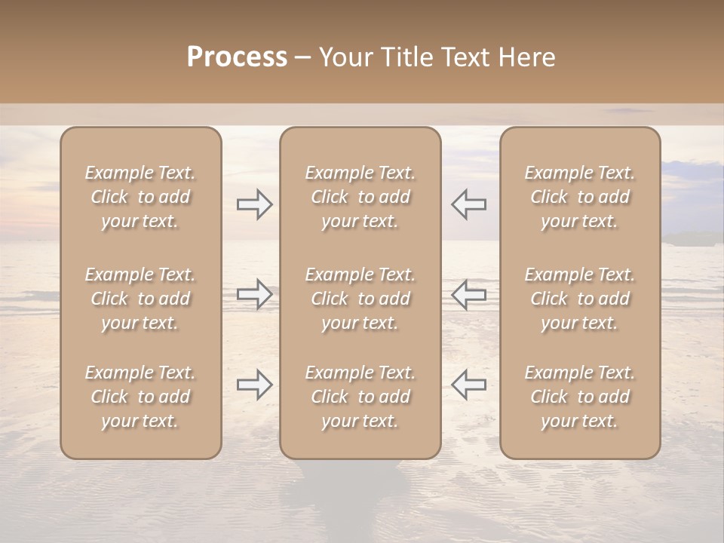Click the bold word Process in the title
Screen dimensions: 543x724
(237, 57)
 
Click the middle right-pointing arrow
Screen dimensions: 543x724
(255, 294)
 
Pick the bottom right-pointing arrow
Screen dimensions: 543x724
(255, 385)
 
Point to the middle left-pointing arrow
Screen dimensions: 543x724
(469, 294)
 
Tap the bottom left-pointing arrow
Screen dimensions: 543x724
(469, 385)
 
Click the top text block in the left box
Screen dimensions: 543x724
(140, 197)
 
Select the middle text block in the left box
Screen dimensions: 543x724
(140, 299)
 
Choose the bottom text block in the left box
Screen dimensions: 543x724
(140, 397)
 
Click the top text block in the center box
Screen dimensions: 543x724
(360, 197)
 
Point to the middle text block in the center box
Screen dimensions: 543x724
(360, 299)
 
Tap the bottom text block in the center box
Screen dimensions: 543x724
(360, 397)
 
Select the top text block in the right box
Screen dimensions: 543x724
(579, 197)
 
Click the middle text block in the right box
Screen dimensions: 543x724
(579, 299)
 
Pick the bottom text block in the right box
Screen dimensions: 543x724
(579, 397)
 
